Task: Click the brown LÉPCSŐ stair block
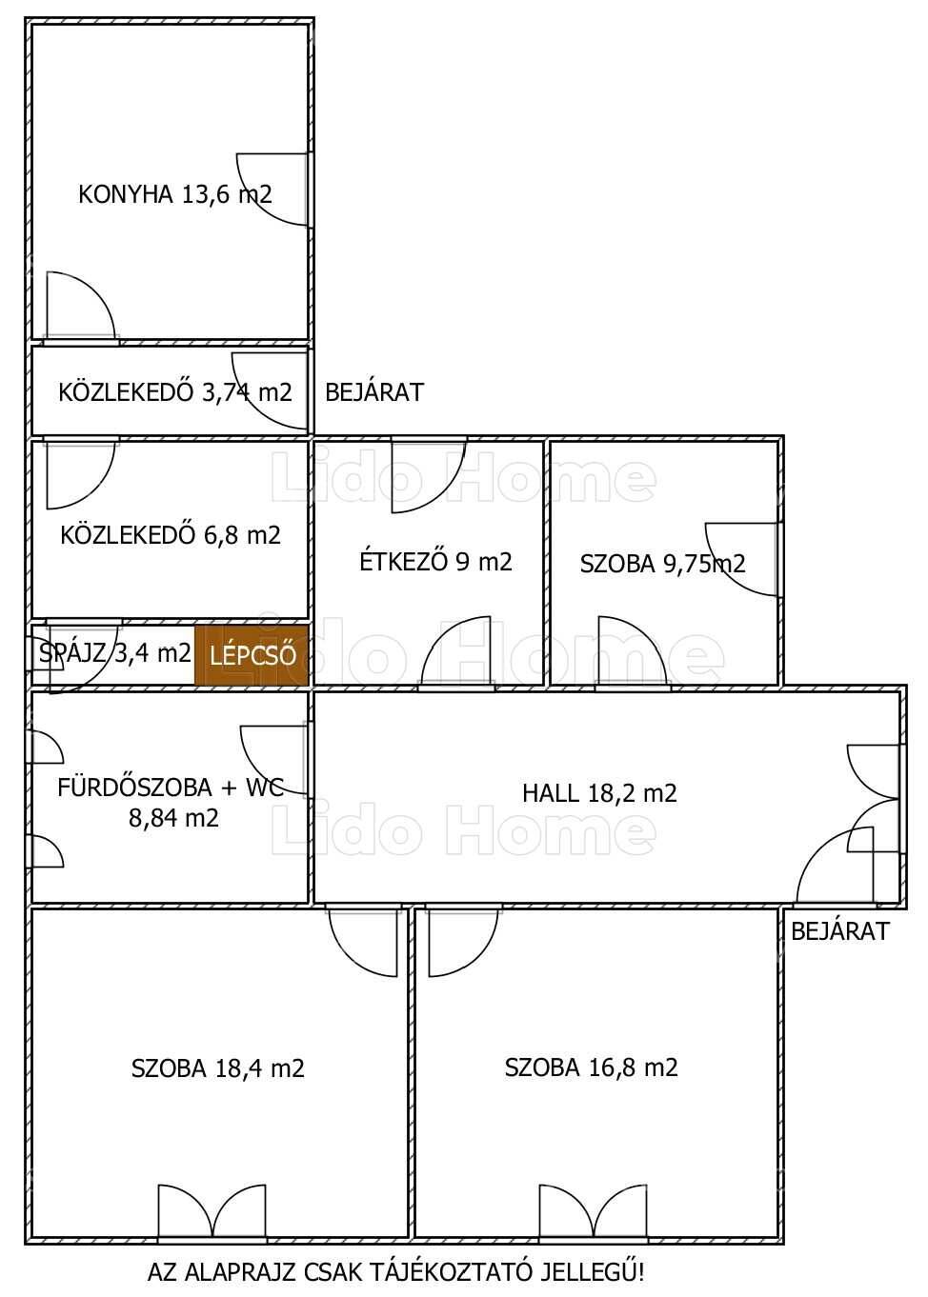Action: click(252, 655)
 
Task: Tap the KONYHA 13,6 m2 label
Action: click(175, 194)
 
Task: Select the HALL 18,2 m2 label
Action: click(599, 792)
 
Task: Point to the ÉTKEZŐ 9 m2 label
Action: click(435, 561)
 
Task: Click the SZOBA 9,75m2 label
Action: click(662, 564)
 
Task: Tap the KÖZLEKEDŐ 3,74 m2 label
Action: click(175, 392)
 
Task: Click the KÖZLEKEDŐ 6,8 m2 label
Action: click(171, 534)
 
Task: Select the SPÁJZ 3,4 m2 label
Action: click(114, 653)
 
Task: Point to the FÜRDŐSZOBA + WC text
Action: click(171, 788)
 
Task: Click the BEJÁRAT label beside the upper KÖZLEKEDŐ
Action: click(374, 392)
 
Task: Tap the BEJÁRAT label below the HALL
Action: click(840, 931)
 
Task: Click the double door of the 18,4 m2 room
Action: click(212, 1211)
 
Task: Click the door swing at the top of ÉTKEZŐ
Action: click(429, 476)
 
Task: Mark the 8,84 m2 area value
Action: click(173, 818)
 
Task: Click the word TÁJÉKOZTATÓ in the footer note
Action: click(451, 1271)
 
